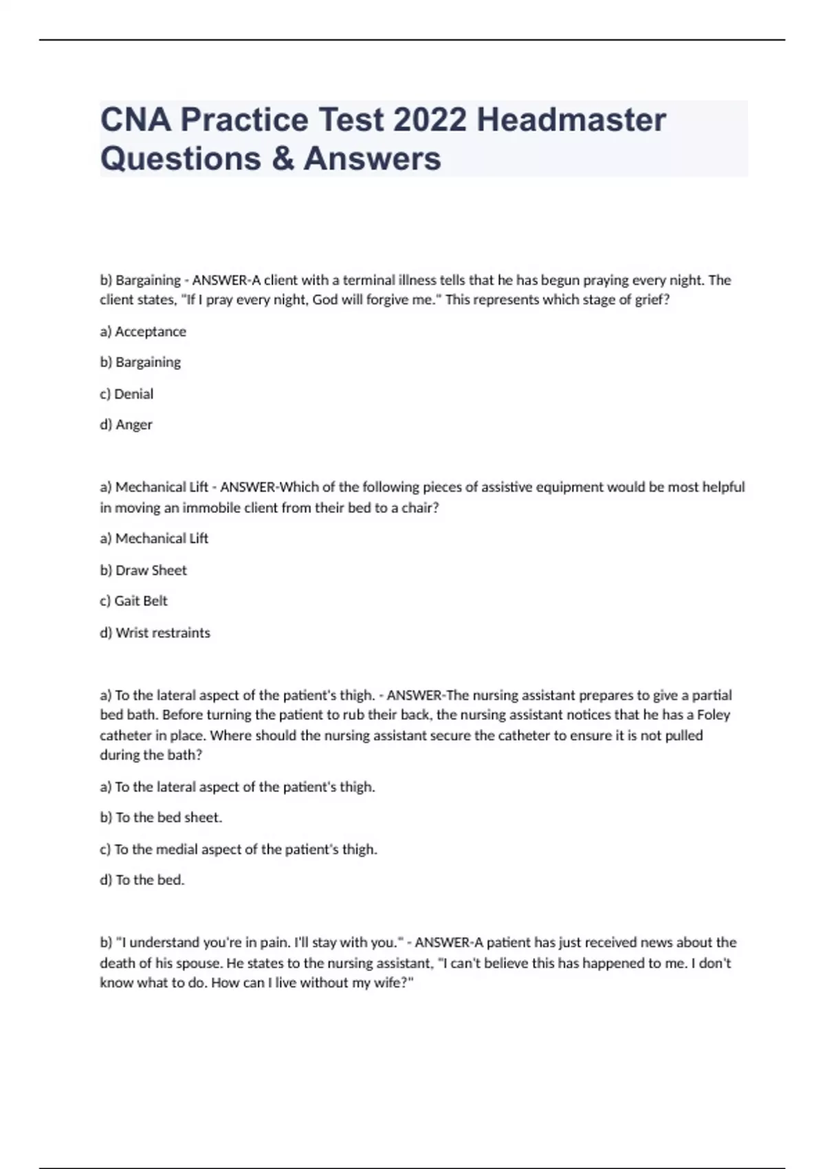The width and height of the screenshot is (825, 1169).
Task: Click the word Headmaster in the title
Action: pos(571,120)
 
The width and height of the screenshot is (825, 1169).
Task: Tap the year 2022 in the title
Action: pos(430,120)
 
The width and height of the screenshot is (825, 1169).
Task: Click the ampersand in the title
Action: pos(282,158)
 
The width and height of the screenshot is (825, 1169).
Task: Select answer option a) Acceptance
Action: pos(143,331)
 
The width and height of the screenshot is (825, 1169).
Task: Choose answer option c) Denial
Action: pos(126,394)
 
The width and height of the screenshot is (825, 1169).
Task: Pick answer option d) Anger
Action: pos(126,425)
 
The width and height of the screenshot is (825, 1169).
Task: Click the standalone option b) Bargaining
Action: pos(140,362)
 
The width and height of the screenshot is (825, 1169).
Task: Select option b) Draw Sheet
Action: pos(143,570)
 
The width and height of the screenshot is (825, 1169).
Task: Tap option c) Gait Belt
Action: pos(133,601)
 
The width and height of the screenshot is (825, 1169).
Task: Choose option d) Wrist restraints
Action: pos(155,633)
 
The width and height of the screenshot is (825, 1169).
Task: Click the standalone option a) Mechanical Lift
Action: pos(154,538)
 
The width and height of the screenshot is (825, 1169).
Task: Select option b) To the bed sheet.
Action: pos(161,818)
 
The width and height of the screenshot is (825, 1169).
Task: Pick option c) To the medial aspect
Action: pos(239,849)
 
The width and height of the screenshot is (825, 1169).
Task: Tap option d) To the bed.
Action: pos(142,880)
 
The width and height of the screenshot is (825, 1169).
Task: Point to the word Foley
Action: pos(713,715)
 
